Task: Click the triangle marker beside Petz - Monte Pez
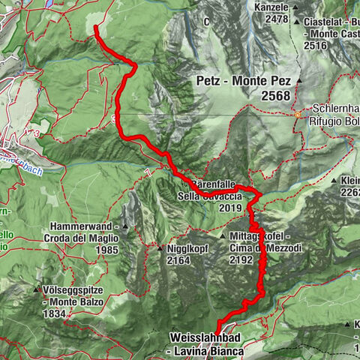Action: pos(298,79)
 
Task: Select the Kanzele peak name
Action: pos(271,7)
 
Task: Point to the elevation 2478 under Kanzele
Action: pos(271,19)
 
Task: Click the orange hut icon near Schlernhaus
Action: pos(298,115)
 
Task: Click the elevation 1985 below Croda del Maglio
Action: pos(105,250)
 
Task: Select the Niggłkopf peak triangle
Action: pos(160,248)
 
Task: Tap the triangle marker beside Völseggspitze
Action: pos(37,287)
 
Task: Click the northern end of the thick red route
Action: pos(97,28)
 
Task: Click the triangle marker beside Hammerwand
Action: pos(126,226)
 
